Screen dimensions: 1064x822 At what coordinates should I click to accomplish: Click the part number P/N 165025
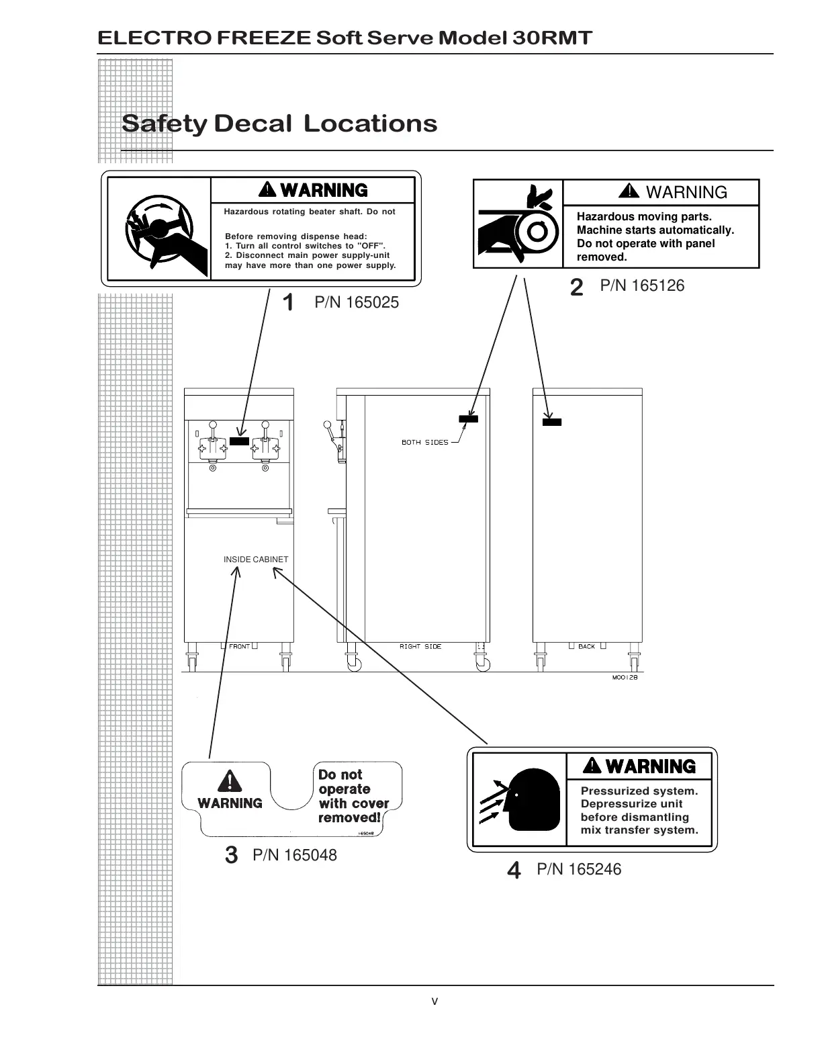[357, 303]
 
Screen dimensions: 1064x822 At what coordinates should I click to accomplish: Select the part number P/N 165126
[642, 286]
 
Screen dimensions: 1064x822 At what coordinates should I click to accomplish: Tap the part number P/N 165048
[295, 856]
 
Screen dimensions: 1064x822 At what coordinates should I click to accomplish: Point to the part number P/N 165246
[579, 870]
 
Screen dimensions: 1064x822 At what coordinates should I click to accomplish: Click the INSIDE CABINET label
[256, 560]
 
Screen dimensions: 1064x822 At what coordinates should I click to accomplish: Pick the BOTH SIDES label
[424, 443]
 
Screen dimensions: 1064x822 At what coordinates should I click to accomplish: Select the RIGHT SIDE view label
[420, 647]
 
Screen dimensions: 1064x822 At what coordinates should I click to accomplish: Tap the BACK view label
[586, 647]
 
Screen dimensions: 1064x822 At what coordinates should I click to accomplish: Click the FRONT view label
[239, 647]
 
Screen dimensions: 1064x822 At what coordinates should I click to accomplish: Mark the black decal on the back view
[551, 423]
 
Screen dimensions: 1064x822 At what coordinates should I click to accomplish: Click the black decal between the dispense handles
[239, 441]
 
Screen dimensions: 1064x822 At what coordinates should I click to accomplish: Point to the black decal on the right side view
[468, 419]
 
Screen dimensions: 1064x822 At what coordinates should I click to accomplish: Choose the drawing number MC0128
[624, 678]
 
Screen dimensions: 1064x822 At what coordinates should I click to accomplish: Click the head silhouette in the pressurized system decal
[534, 800]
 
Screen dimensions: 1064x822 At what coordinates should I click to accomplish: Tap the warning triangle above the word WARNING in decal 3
[230, 781]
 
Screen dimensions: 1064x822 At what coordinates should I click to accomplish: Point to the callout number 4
[514, 871]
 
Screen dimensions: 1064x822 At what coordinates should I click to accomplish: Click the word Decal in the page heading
[253, 124]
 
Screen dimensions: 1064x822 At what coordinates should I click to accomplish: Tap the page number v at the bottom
[435, 1002]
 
